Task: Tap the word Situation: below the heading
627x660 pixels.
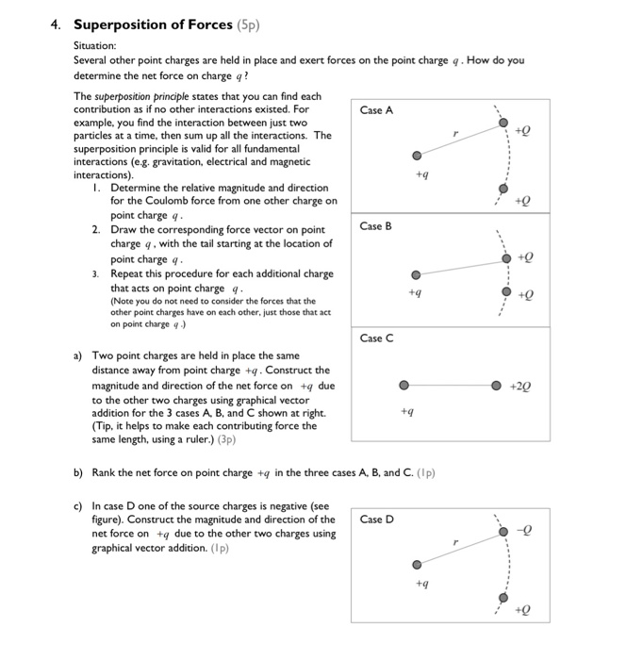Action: (96, 44)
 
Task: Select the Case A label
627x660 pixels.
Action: (376, 110)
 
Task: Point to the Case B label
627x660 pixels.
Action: (376, 226)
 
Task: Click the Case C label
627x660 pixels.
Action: (376, 338)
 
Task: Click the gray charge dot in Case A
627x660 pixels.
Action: (416, 157)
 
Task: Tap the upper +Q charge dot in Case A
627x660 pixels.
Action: (504, 124)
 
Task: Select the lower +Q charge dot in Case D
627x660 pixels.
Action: (504, 598)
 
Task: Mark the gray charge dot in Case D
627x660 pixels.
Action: (416, 565)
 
